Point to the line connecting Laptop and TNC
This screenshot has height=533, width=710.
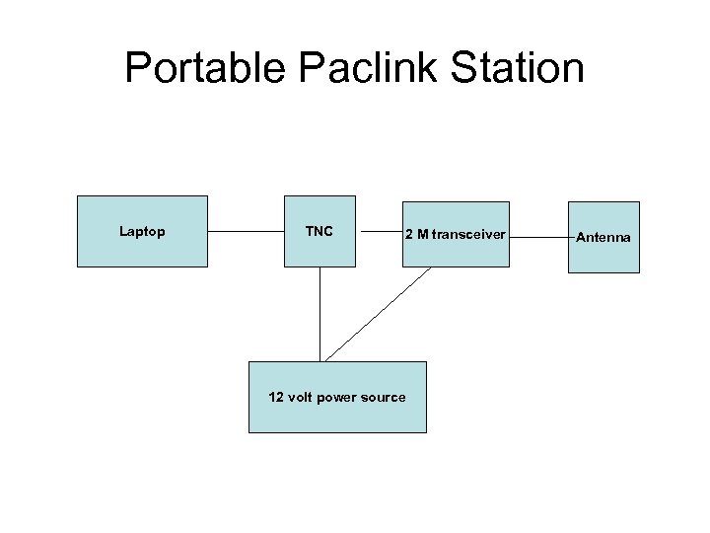(246, 232)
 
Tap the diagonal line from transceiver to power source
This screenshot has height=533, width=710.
(379, 314)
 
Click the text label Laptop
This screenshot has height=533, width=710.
(142, 232)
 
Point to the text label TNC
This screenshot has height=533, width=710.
(319, 232)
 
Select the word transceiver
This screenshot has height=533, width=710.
(468, 234)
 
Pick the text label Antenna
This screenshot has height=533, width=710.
(603, 238)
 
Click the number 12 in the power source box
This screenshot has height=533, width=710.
(276, 397)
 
